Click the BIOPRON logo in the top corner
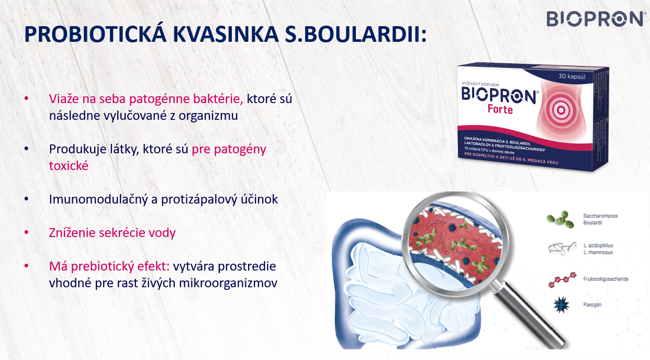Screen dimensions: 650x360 (595, 19)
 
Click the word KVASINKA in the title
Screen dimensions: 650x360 (225, 35)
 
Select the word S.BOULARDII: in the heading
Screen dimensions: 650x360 (356, 35)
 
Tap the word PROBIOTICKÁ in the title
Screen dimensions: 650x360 (95, 34)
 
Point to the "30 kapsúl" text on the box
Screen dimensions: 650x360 (572, 76)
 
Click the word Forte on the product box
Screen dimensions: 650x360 (500, 109)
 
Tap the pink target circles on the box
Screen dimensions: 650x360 (561, 110)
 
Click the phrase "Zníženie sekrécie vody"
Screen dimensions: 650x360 (113, 233)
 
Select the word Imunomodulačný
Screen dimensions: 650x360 (99, 199)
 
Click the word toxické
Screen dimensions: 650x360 (69, 166)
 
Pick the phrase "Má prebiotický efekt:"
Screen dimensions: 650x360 (109, 266)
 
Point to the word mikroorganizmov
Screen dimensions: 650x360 (228, 283)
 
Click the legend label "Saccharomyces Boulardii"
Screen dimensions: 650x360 (600, 219)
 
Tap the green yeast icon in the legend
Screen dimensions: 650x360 (561, 220)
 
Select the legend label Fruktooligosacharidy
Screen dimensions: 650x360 (606, 279)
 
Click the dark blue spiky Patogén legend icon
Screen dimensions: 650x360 (561, 305)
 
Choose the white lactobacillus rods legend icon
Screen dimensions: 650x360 (562, 249)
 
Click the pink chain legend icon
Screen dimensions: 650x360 (562, 280)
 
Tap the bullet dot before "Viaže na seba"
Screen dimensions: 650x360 (26, 98)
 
